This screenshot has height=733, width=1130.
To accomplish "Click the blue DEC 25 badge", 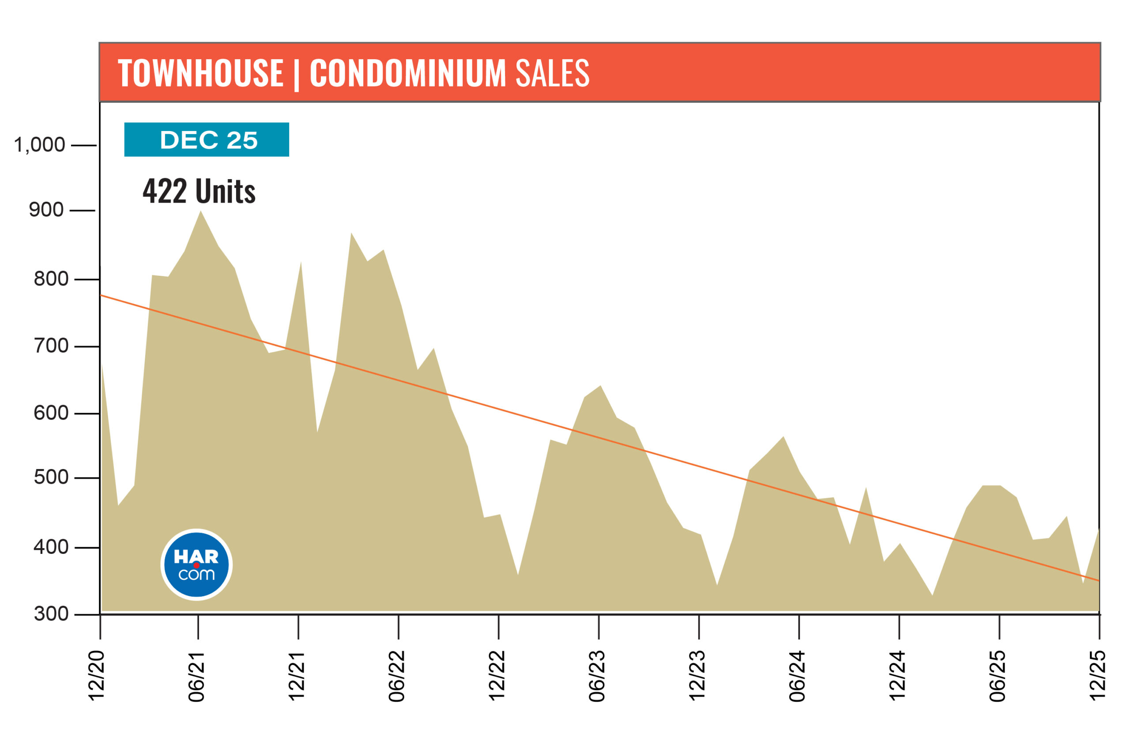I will tap(207, 139).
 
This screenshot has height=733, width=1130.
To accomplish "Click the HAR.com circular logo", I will tap(196, 564).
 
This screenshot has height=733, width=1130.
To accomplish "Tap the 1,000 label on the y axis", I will tap(39, 144).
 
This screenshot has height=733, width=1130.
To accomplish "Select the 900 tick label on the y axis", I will tap(46, 209).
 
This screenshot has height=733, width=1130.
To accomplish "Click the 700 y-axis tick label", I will tap(51, 346).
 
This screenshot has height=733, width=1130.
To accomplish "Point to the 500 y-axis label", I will tap(51, 477).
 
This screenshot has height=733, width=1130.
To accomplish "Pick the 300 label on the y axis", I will tap(51, 614).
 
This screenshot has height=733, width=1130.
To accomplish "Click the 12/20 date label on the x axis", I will tap(97, 676).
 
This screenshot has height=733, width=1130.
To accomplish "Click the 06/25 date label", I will tap(998, 676).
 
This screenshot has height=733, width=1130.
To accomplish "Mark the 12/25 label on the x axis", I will tap(1098, 676).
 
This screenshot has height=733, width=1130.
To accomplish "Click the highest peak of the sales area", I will tap(200, 212).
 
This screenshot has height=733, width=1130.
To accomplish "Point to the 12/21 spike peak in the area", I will tap(301, 263).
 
